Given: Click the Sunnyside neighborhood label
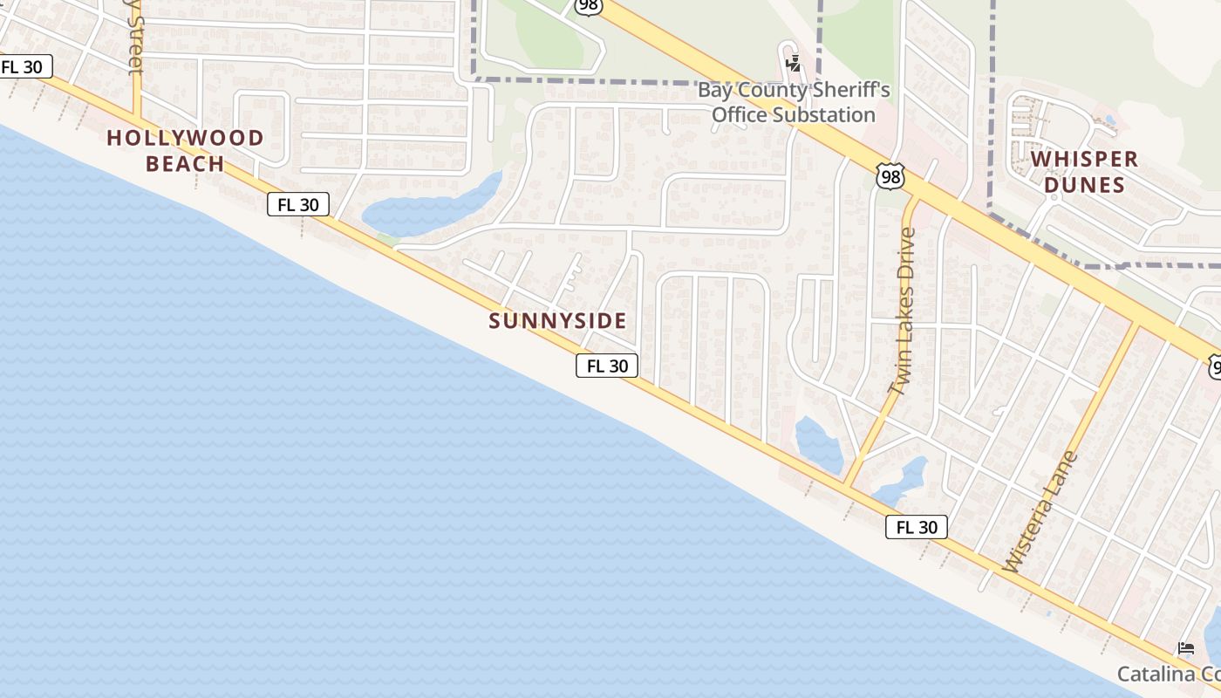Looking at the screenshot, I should [557, 321].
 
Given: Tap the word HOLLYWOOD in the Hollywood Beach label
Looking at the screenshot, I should [185, 138].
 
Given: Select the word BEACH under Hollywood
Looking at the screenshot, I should [185, 163].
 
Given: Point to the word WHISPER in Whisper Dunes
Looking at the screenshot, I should [1084, 160].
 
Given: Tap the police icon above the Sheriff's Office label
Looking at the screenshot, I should [793, 63].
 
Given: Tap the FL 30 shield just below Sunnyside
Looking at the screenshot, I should [607, 366].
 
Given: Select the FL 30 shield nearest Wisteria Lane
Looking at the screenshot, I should [916, 526].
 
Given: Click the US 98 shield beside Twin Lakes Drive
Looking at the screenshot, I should [890, 177].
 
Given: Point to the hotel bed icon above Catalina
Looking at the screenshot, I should [1186, 648].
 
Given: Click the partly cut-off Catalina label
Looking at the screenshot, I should [1169, 674].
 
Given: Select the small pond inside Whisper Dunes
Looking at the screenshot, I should [1108, 120].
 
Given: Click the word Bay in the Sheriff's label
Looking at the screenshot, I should [713, 91].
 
